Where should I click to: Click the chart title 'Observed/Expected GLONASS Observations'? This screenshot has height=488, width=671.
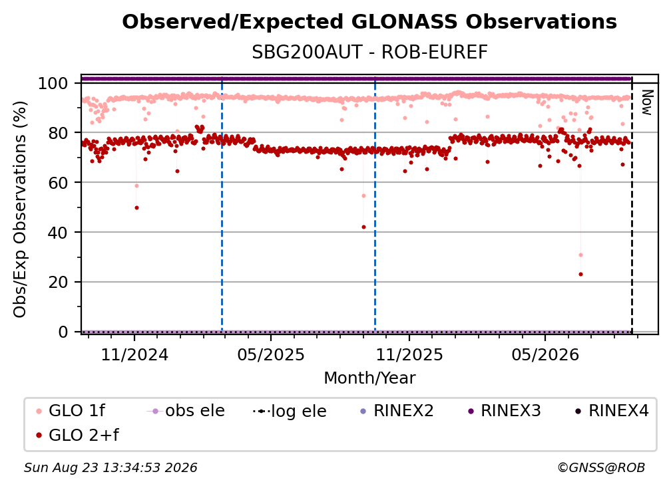pyautogui.click(x=369, y=22)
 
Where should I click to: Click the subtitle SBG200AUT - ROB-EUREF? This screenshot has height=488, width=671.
pyautogui.click(x=369, y=53)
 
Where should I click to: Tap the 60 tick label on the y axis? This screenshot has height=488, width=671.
pyautogui.click(x=58, y=183)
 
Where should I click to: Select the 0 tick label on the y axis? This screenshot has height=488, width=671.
pyautogui.click(x=63, y=332)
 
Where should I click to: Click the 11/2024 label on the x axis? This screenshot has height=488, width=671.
pyautogui.click(x=134, y=355)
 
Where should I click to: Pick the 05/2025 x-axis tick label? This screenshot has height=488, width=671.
pyautogui.click(x=271, y=355)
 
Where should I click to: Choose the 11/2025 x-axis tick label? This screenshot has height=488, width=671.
pyautogui.click(x=409, y=355)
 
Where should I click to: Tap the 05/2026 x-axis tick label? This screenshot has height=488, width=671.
pyautogui.click(x=545, y=355)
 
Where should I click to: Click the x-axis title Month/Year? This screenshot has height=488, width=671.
pyautogui.click(x=369, y=378)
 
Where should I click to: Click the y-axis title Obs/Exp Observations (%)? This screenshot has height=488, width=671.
pyautogui.click(x=20, y=209)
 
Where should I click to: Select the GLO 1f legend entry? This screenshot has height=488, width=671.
pyautogui.click(x=71, y=411)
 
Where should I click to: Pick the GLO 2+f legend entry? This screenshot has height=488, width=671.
pyautogui.click(x=77, y=435)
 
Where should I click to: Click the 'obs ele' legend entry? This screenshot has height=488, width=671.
pyautogui.click(x=186, y=411)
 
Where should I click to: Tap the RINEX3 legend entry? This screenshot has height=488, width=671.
pyautogui.click(x=504, y=411)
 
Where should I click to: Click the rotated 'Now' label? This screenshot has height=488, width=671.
pyautogui.click(x=646, y=102)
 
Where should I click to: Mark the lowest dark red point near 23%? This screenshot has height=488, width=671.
pyautogui.click(x=580, y=275)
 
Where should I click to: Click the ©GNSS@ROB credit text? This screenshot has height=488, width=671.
pyautogui.click(x=601, y=468)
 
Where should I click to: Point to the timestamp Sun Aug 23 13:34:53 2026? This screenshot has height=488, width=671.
pyautogui.click(x=111, y=468)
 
